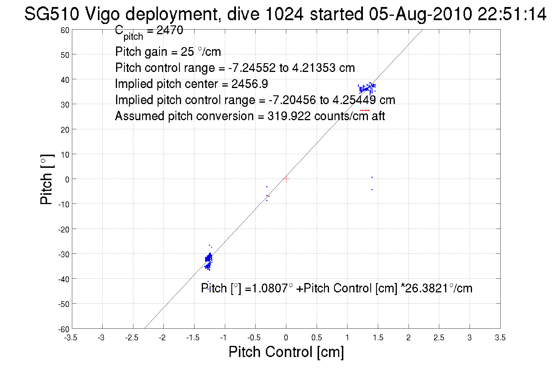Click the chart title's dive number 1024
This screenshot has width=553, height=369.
tap(284, 14)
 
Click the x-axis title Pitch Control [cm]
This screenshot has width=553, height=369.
tap(286, 352)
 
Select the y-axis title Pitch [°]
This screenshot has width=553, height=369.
tap(47, 179)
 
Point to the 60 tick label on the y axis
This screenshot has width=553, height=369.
tap(65, 30)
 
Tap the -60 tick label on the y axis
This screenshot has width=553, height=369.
tap(63, 330)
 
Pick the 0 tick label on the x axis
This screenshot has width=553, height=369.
tap(286, 338)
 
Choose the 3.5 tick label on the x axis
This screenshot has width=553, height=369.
tap(500, 338)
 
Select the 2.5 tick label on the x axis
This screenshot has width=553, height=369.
tap(439, 338)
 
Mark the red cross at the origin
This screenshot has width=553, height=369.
tap(286, 179)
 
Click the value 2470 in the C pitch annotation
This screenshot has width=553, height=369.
tap(170, 30)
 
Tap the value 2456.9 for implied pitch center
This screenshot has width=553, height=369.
tap(249, 84)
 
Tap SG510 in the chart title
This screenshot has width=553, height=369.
tap(51, 14)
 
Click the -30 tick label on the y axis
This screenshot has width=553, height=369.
tap(63, 254)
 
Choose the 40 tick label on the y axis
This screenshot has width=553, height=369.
tap(65, 80)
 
